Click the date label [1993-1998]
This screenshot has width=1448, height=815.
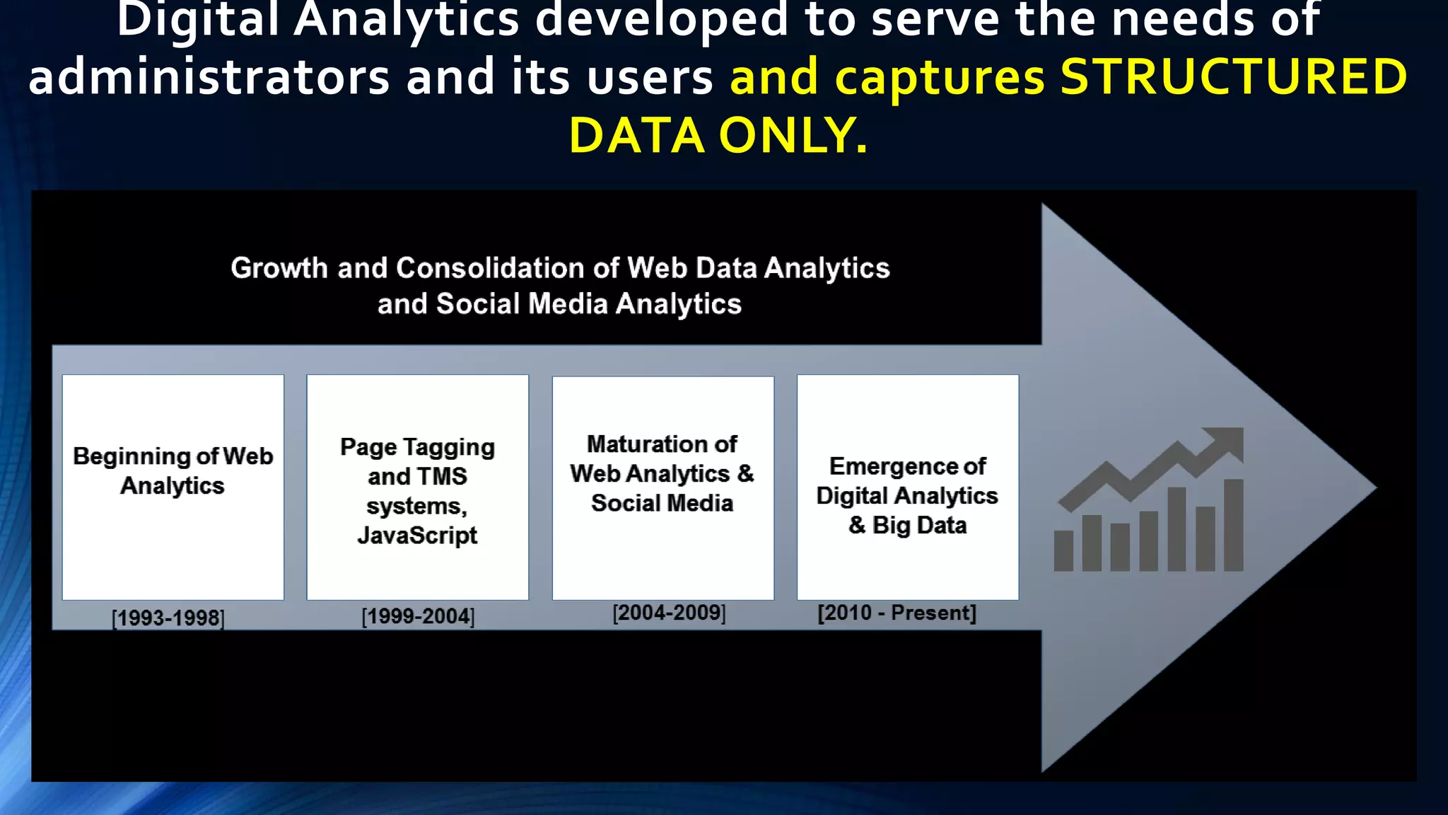pyautogui.click(x=168, y=618)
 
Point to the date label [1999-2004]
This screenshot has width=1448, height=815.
pyautogui.click(x=418, y=616)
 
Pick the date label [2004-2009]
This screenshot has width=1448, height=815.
pyautogui.click(x=669, y=613)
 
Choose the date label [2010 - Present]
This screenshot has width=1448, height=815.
pyautogui.click(x=897, y=613)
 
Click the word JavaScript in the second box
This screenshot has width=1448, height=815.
pyautogui.click(x=417, y=536)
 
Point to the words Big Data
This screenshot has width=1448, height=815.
pyautogui.click(x=919, y=526)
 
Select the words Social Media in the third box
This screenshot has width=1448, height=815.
pyautogui.click(x=662, y=503)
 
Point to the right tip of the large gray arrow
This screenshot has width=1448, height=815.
pyautogui.click(x=1374, y=487)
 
